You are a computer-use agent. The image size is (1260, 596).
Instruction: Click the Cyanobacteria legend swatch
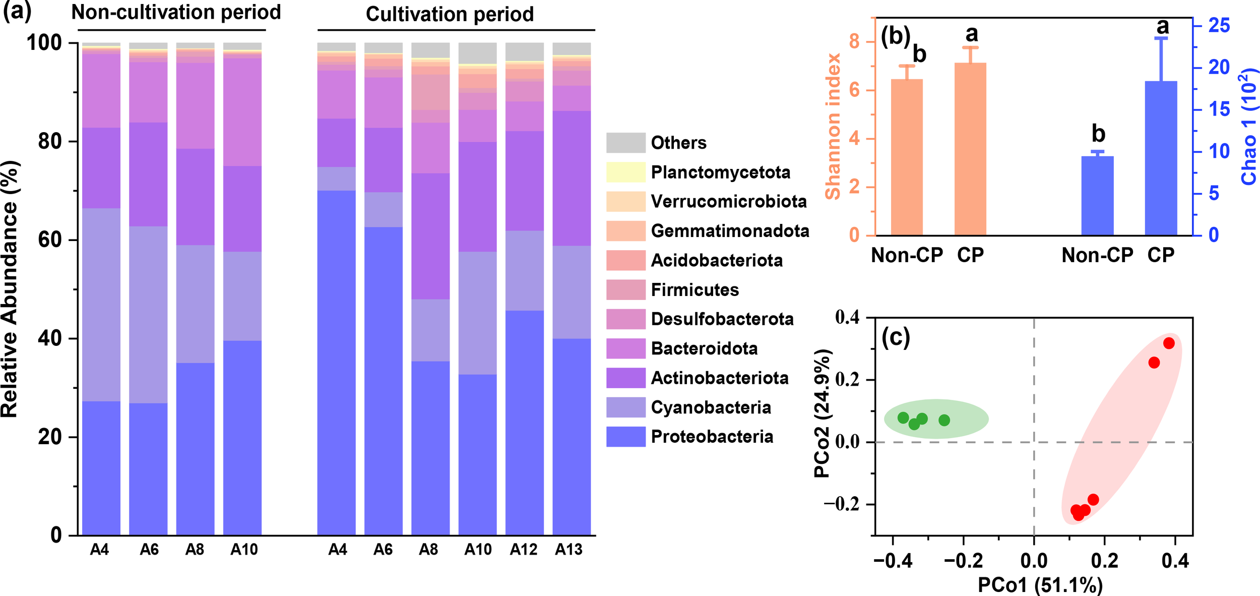625,407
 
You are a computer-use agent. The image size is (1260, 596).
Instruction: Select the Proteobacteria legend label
712,437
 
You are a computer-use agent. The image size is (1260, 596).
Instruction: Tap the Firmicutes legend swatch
625,290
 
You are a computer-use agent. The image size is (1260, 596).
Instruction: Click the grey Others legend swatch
625,143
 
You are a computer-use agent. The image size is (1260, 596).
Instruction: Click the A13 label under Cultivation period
569,550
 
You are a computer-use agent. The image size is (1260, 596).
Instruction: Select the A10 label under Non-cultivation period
244,550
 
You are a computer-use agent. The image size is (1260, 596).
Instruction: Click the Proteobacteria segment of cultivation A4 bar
336,363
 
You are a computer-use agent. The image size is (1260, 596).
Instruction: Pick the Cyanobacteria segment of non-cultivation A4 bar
101,305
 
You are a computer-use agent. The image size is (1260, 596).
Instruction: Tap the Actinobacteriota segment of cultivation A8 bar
430,236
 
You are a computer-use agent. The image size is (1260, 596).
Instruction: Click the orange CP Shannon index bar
970,149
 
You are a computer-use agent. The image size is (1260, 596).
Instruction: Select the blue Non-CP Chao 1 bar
1097,196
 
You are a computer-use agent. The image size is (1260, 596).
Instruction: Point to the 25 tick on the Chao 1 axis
1219,25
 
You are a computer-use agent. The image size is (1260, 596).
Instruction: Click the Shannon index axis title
833,126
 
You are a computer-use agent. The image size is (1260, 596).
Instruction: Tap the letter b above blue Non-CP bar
1098,134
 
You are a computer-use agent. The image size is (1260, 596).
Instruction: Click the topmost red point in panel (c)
1169,343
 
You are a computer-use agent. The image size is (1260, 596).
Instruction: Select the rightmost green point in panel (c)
944,420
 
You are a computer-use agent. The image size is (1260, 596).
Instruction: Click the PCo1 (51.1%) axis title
1040,585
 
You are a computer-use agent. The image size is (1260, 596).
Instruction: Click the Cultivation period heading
450,14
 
